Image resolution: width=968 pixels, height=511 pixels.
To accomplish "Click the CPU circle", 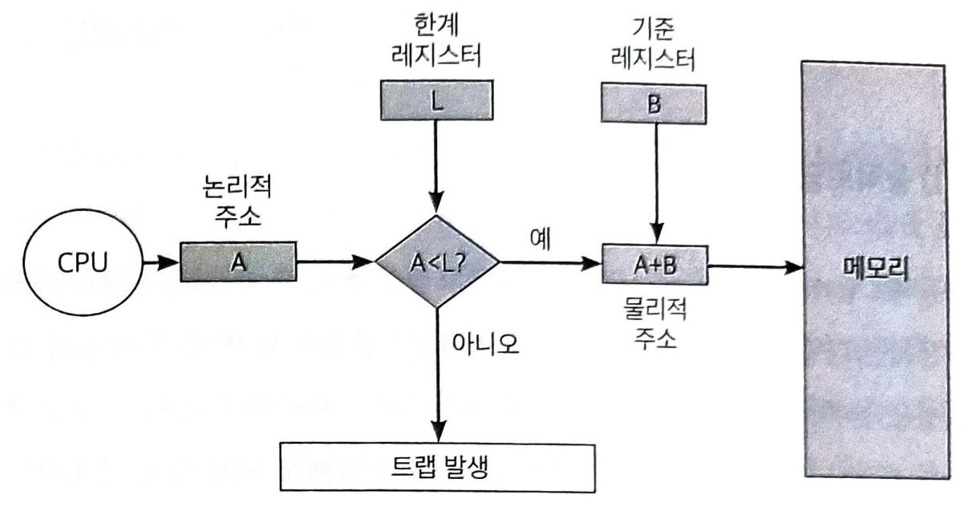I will (81, 264).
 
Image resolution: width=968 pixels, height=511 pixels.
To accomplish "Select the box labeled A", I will (238, 263).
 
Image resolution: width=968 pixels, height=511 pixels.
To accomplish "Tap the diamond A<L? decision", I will (438, 262).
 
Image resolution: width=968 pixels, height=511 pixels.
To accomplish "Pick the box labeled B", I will (655, 105).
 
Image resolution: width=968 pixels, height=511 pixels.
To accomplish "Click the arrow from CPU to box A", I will (159, 263).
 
